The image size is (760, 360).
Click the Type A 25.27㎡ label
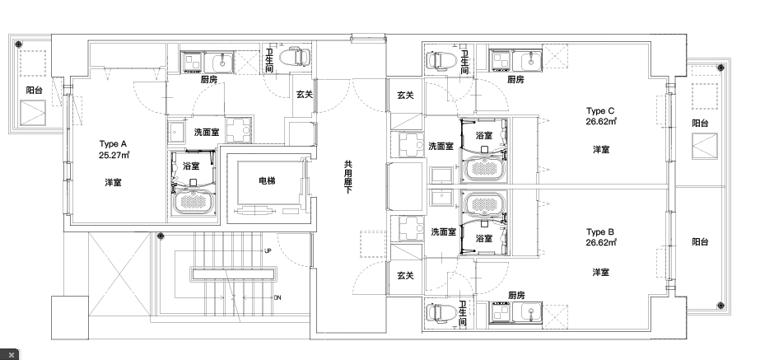(x=114, y=149)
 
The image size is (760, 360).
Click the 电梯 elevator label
(x=267, y=181)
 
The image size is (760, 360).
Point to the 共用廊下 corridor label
(x=347, y=178)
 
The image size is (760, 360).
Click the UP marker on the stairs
(x=268, y=251)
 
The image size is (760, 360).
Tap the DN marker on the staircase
(x=277, y=297)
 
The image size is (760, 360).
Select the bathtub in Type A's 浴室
(x=193, y=203)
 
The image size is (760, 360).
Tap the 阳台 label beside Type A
(x=34, y=90)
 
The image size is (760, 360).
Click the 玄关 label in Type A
(x=305, y=95)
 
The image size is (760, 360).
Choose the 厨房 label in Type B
(x=516, y=295)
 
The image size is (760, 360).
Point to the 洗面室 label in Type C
(x=441, y=146)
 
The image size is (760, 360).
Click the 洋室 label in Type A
(x=114, y=182)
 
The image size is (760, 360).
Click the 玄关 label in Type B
(x=405, y=276)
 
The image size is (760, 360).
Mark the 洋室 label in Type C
(x=601, y=150)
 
